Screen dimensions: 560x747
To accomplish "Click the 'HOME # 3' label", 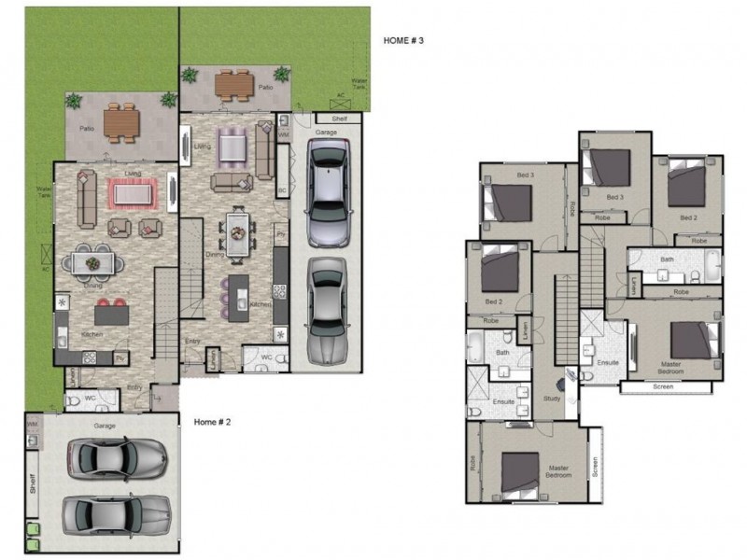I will point(403,41).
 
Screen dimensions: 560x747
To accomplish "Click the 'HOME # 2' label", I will point(212,422).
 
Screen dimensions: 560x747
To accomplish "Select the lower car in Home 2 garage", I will point(116,512).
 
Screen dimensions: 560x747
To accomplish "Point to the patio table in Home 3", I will point(234,84).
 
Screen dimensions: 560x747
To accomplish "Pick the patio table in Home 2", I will point(121,121).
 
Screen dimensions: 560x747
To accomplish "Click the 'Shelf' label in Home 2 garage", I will point(33,483).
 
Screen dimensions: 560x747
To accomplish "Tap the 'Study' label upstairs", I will point(552,399).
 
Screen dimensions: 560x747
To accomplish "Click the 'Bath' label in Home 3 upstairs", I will point(667,259).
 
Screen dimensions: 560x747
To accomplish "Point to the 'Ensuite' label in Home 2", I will point(504,401).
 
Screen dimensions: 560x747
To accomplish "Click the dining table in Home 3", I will point(239,231).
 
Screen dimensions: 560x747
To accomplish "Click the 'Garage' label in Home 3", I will point(326,133).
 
